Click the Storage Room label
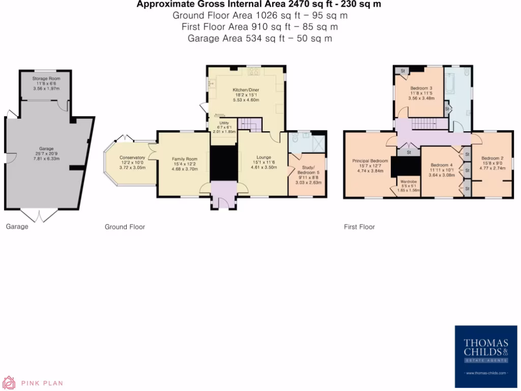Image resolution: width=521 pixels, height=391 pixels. coord(46,79)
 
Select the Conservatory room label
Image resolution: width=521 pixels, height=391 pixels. coord(132,157)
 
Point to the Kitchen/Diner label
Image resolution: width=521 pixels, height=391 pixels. coord(246,90)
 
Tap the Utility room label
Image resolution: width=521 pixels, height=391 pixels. coord(224,123)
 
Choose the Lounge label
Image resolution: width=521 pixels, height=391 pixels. coord(264,157)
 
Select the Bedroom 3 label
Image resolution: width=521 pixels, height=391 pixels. coord(421,88)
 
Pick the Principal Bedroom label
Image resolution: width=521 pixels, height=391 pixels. coord(370,161)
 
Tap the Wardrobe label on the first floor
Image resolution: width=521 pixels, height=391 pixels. coord(409,181)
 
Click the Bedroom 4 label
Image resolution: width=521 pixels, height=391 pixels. coord(441,165)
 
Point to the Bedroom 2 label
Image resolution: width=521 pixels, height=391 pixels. coord(492,158)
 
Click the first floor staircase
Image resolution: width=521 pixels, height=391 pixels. coord(421,123)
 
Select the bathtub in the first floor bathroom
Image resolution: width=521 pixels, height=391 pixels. coord(452,84)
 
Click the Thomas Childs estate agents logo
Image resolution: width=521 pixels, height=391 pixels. coord(485,357)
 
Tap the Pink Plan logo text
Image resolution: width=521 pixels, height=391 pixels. coord(42,383)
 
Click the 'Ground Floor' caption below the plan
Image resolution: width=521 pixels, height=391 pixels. coord(125,227)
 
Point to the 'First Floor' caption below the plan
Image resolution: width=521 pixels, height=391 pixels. coord(359,227)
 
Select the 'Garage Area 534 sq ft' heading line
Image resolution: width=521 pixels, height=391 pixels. coord(260,38)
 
